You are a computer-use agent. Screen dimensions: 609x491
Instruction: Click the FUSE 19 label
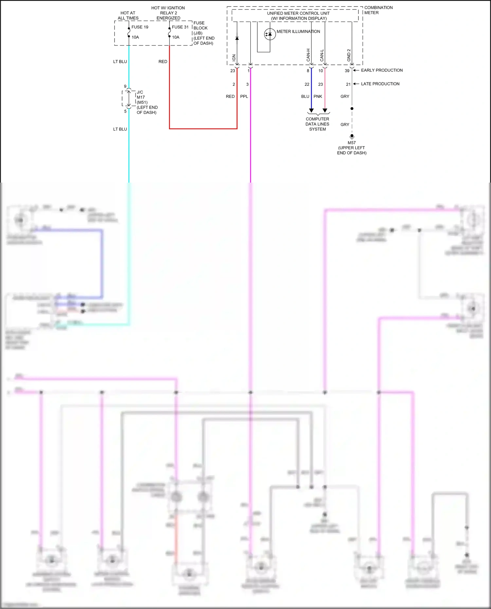(x=140, y=27)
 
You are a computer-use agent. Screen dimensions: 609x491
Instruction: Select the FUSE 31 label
(x=180, y=27)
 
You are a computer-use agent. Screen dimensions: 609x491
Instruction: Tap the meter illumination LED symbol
(x=270, y=34)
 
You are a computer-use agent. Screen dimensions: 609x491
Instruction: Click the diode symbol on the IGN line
(x=237, y=38)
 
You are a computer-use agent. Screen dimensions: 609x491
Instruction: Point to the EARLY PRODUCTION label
(x=382, y=70)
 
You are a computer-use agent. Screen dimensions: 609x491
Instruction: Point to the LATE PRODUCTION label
(x=380, y=84)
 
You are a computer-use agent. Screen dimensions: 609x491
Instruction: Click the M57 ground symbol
(x=352, y=136)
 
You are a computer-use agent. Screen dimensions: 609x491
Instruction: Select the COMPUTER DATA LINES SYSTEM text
(x=318, y=124)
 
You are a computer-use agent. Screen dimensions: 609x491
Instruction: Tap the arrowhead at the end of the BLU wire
(x=311, y=111)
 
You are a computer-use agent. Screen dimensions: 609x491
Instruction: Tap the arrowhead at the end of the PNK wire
(x=325, y=111)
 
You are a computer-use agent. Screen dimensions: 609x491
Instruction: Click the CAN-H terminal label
(x=308, y=55)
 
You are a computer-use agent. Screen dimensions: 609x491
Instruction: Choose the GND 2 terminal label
(x=349, y=55)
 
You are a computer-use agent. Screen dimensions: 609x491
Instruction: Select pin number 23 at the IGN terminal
(x=232, y=71)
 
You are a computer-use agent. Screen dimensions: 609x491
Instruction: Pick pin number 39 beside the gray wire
(x=347, y=71)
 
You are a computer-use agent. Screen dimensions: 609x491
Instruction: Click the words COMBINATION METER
(x=378, y=10)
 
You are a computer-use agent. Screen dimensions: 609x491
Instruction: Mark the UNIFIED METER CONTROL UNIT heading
(x=298, y=13)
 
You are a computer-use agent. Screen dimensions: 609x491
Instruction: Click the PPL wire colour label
(x=244, y=97)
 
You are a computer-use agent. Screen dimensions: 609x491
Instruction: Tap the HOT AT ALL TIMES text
(x=128, y=15)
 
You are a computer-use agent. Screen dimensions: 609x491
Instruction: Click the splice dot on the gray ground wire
(x=352, y=108)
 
